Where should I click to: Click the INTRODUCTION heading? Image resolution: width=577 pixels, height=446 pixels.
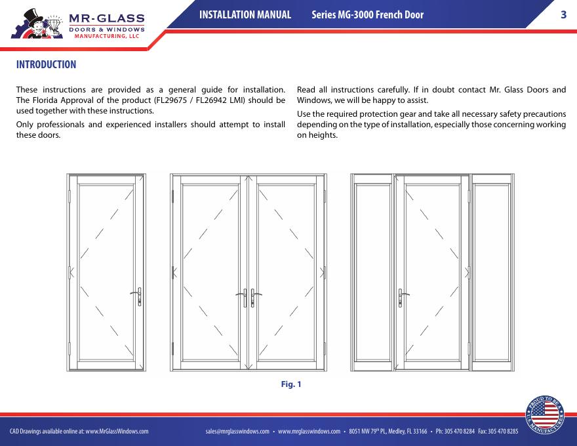[x=46, y=64]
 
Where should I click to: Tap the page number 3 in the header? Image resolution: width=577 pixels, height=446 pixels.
[x=563, y=14]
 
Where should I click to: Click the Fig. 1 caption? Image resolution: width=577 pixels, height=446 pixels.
[x=291, y=384]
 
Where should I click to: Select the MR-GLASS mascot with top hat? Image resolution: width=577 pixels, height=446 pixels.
[x=37, y=24]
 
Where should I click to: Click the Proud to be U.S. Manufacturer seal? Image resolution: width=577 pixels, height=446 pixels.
[x=545, y=415]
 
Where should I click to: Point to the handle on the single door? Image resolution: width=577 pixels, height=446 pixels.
[x=137, y=296]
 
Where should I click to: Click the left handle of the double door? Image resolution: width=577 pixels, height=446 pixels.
[x=242, y=298]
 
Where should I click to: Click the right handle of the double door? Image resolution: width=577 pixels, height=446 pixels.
[x=255, y=298]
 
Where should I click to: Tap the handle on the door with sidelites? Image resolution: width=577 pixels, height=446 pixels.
[x=403, y=298]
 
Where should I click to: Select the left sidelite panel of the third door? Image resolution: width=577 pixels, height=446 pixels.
[x=372, y=272]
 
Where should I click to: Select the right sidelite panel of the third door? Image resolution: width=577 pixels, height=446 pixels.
[x=492, y=272]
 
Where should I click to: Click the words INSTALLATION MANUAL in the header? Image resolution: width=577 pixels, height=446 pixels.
[x=245, y=14]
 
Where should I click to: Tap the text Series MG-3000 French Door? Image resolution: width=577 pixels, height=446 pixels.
[x=368, y=14]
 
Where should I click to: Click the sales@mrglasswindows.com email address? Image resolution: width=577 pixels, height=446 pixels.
[x=237, y=432]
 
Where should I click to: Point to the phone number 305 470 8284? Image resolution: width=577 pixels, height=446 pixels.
[x=459, y=432]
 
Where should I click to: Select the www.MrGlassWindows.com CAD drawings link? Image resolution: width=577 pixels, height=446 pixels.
[x=117, y=432]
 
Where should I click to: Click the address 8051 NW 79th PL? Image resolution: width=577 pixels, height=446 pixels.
[x=368, y=432]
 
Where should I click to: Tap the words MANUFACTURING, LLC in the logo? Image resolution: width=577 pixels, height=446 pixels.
[x=107, y=36]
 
